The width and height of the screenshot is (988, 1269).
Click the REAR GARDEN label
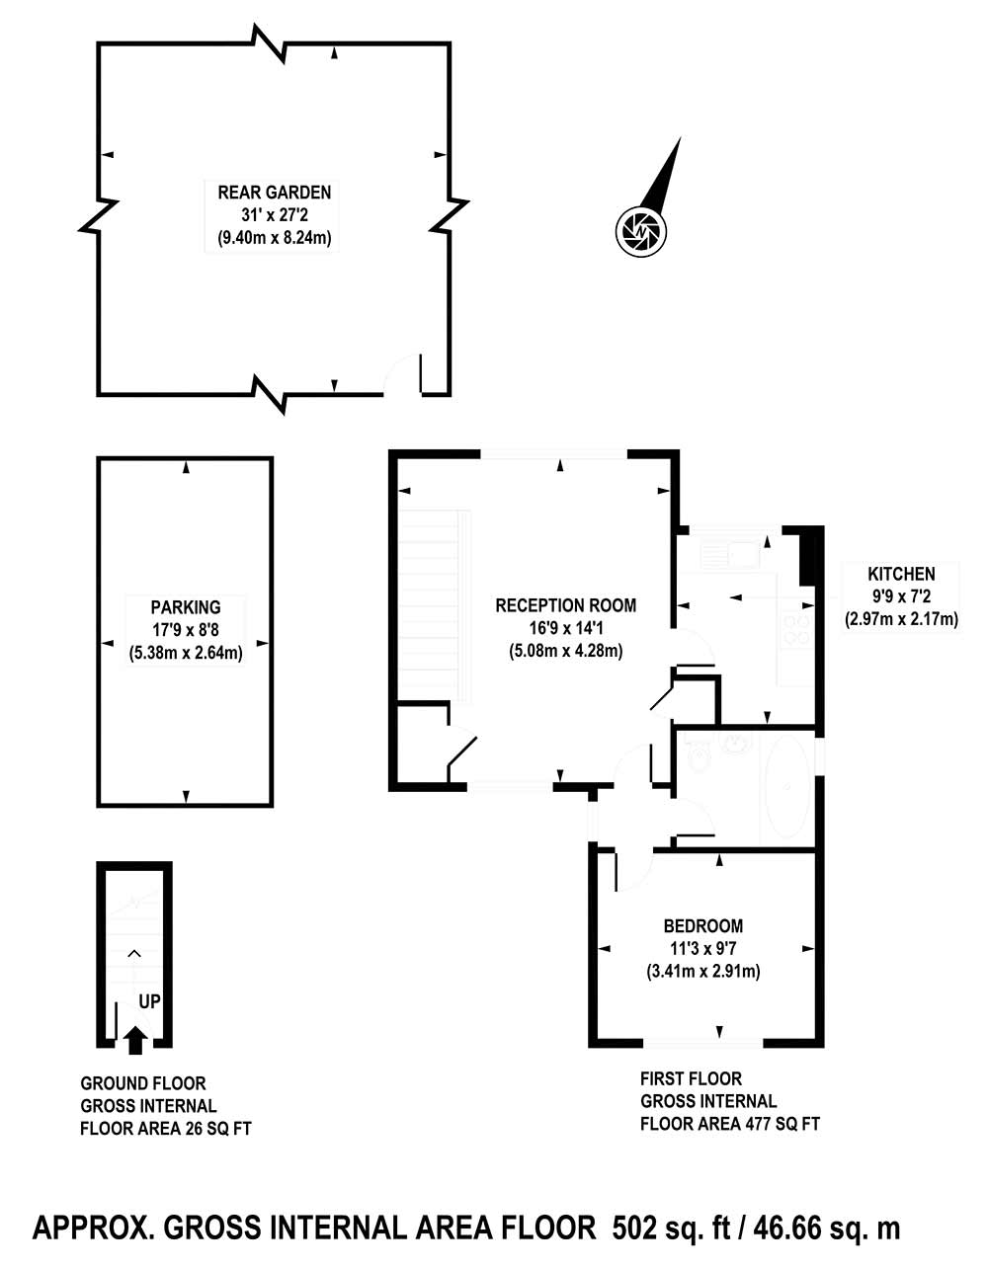[x=274, y=193]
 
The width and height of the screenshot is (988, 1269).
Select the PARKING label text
[x=186, y=607]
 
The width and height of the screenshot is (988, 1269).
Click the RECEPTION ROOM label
[x=565, y=605]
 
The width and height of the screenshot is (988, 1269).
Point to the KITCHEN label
[x=901, y=574]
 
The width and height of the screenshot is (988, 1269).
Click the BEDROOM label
[x=703, y=925]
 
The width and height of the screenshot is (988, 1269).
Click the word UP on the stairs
[x=149, y=1001]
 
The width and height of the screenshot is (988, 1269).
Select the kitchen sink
[x=733, y=554]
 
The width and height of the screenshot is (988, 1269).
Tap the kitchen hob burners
[x=797, y=628]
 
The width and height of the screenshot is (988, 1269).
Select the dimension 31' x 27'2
[x=274, y=215]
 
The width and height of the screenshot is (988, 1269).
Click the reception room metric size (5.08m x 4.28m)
[x=565, y=651]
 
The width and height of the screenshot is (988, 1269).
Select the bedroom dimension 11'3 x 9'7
[x=703, y=948]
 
